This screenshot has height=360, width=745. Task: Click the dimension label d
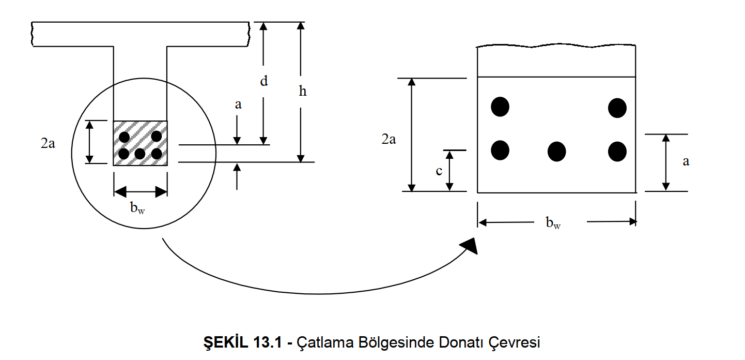tap(264, 81)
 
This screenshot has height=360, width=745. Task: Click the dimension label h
tap(303, 92)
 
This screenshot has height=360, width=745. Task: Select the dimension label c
tap(439, 171)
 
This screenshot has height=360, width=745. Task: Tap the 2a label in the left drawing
tap(48, 144)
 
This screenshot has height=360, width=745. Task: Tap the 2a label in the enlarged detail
tap(389, 139)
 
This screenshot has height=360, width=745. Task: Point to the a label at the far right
tap(686, 161)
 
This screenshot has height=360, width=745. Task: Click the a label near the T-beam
tap(238, 104)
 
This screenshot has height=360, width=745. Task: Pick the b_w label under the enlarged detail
tap(553, 223)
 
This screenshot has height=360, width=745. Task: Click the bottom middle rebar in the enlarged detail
tap(556, 152)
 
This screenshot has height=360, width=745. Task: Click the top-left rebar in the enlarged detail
tap(500, 107)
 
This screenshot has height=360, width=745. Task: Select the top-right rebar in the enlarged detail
tap(617, 108)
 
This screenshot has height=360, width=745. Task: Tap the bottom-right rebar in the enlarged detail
tap(617, 151)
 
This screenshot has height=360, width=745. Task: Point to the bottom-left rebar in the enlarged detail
tap(500, 150)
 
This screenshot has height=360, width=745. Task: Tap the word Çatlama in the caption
tap(321, 342)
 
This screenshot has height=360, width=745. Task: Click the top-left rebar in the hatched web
tap(124, 137)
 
